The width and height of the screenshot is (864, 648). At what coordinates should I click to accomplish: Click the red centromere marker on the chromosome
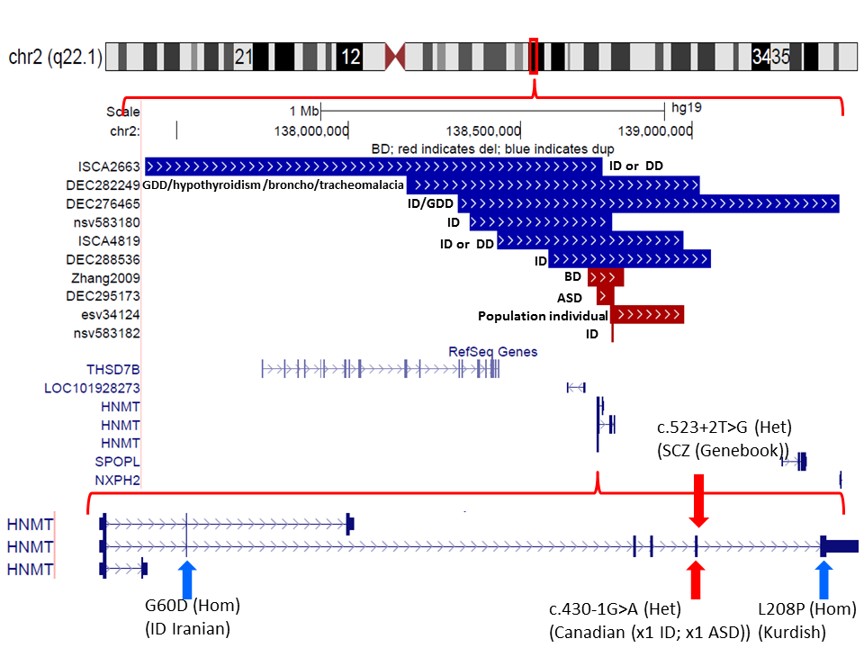pyautogui.click(x=395, y=58)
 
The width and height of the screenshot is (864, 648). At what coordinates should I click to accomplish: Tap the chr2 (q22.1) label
pyautogui.click(x=55, y=58)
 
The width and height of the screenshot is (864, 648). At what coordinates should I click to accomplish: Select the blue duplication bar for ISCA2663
pyautogui.click(x=373, y=166)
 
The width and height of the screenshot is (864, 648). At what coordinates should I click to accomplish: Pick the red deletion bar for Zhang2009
pyautogui.click(x=605, y=277)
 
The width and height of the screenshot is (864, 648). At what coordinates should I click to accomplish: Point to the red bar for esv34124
pyautogui.click(x=647, y=314)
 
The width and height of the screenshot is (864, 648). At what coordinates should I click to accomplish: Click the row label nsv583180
pyautogui.click(x=108, y=221)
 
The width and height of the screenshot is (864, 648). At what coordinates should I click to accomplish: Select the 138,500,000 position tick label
pyautogui.click(x=483, y=131)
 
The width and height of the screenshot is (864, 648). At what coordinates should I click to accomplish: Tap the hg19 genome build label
pyautogui.click(x=687, y=108)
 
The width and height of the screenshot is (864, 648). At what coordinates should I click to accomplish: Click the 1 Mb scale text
pyautogui.click(x=303, y=111)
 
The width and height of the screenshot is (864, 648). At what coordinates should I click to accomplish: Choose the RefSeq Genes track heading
pyautogui.click(x=492, y=352)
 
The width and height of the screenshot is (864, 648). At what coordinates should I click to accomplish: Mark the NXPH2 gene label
pyautogui.click(x=117, y=481)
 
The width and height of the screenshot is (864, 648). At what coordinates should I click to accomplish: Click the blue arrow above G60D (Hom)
pyautogui.click(x=187, y=579)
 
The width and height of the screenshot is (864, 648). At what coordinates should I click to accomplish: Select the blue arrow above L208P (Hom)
pyautogui.click(x=823, y=579)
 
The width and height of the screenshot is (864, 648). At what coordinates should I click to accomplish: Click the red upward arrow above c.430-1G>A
pyautogui.click(x=696, y=580)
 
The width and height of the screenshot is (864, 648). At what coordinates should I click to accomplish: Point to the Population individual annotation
pyautogui.click(x=543, y=316)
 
